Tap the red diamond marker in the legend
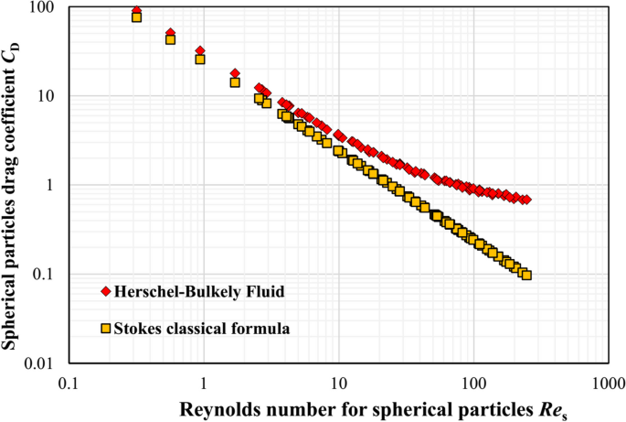[x=107, y=292]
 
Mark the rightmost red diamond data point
[x=526, y=200]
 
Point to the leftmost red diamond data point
[x=136, y=11]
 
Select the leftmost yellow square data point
[x=136, y=17]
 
